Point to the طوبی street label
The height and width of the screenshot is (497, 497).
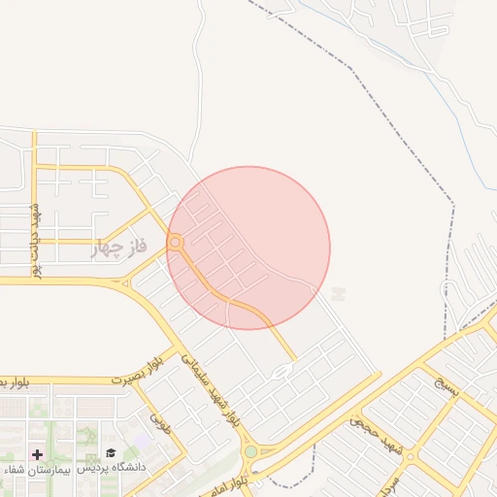click(x=157, y=421)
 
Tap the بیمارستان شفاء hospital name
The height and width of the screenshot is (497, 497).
click(x=31, y=470)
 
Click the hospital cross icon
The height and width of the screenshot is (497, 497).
click(x=38, y=454)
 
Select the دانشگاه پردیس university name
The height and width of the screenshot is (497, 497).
click(x=112, y=469)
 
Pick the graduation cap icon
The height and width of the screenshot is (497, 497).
click(x=111, y=453)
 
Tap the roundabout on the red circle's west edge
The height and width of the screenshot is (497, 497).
click(x=176, y=243)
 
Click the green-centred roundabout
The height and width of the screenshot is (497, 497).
click(x=251, y=451)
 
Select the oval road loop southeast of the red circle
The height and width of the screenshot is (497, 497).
click(x=282, y=371)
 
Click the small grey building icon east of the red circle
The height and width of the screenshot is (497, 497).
click(x=338, y=293)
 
